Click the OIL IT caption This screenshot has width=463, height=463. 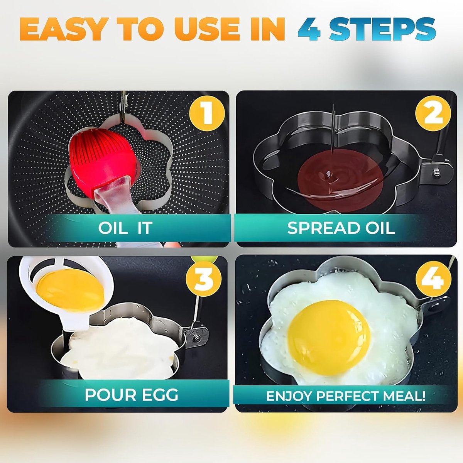tap(125, 228)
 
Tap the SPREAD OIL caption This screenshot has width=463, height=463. tap(341, 228)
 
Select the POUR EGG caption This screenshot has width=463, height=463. tap(131, 394)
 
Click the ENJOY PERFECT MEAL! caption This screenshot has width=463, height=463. tap(346, 396)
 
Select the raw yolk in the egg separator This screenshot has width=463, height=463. tap(70, 290)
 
